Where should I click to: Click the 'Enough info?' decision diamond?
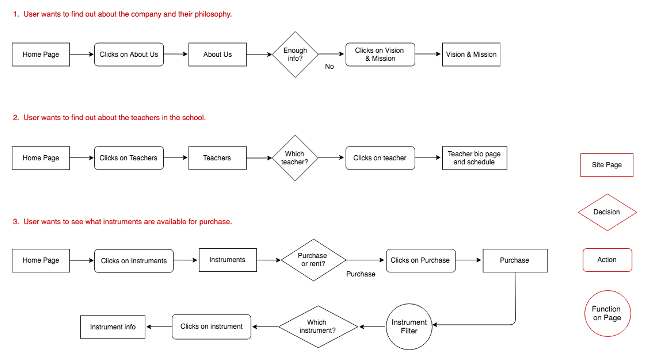point(295,54)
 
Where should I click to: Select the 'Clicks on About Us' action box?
point(129,54)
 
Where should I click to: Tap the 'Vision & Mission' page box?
point(471,54)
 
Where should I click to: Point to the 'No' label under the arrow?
point(329,66)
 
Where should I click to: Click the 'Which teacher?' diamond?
point(295,158)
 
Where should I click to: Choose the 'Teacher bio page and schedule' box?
point(474,158)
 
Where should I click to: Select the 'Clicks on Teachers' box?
point(129,158)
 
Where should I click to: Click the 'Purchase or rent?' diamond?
point(313,260)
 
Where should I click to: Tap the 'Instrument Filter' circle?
point(409,327)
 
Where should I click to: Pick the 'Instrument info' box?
point(113,327)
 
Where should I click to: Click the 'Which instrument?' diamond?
point(317,327)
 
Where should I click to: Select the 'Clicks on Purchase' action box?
point(420,260)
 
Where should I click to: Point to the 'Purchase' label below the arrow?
point(361,274)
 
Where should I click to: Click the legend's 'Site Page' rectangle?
point(606,165)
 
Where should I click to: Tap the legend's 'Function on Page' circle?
point(607,313)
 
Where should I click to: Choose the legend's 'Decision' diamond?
point(607,212)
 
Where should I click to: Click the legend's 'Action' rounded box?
point(607,260)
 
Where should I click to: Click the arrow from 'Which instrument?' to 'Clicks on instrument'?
point(265,327)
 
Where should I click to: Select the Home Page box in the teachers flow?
point(41,158)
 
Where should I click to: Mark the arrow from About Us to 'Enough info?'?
point(259,54)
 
